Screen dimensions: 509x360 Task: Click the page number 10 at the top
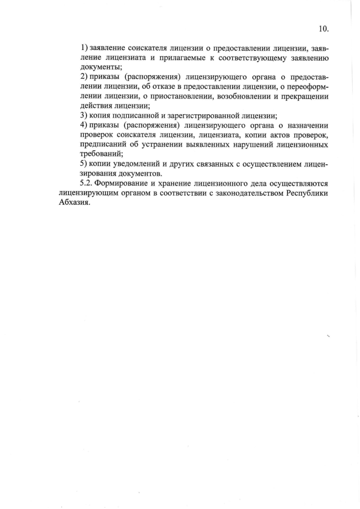[x=323, y=29]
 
